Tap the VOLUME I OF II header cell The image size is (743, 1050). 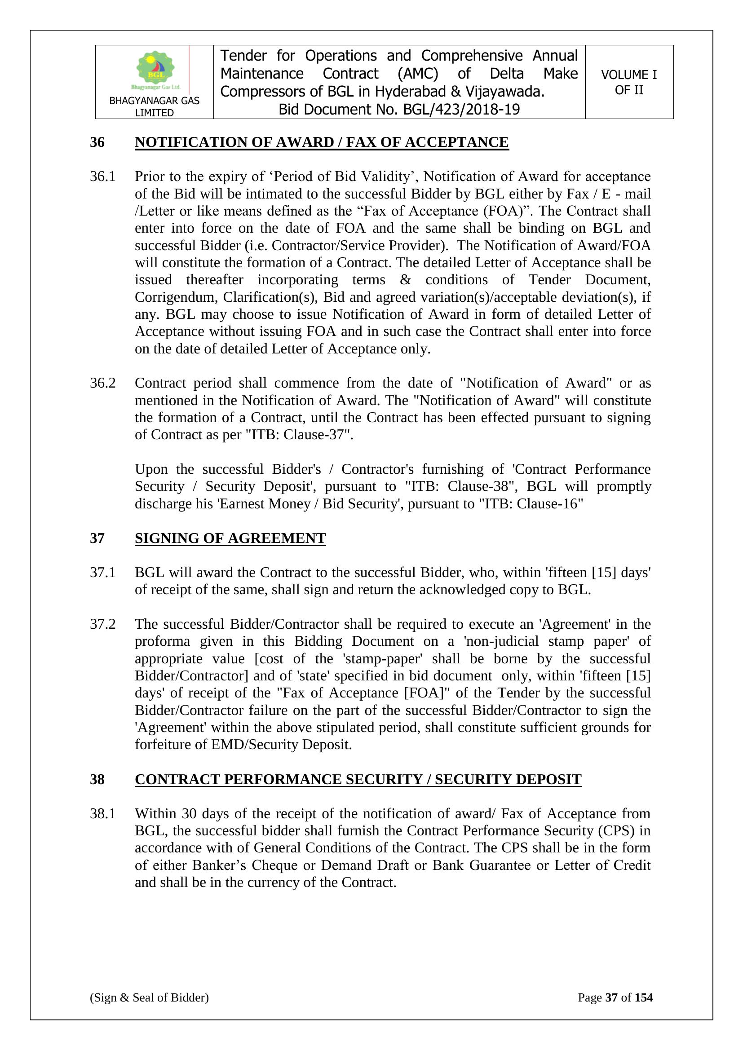coord(628,82)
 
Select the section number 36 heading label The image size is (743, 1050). coord(97,142)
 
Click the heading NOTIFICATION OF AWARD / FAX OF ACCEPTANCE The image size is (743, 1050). coord(322,142)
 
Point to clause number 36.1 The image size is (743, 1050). coord(102,176)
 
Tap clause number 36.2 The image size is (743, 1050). coord(102,383)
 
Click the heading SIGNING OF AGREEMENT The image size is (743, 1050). coord(230,538)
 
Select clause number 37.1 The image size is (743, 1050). coord(102,572)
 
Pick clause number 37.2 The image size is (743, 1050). coord(102,624)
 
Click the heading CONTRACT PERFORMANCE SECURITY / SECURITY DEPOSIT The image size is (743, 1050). coord(358,779)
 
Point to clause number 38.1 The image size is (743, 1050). coord(102,814)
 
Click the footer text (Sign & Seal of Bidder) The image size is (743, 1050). coord(149,997)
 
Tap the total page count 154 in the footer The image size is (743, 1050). coord(644,997)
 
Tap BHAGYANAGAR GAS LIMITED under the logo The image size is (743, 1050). coord(154,106)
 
